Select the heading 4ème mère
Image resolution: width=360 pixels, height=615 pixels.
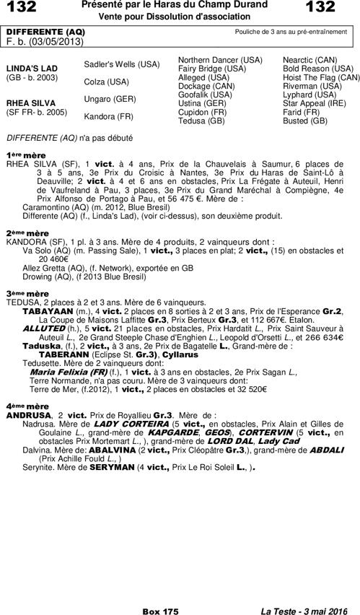[27, 406]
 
